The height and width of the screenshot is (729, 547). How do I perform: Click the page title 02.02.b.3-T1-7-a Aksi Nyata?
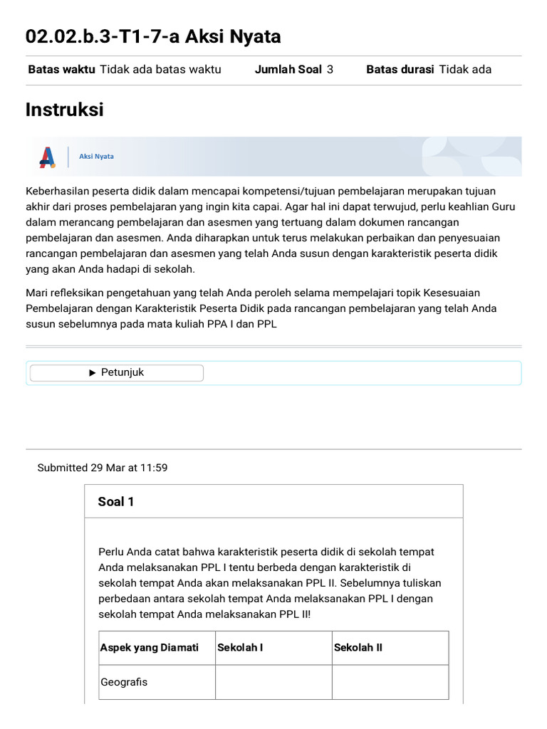(x=152, y=36)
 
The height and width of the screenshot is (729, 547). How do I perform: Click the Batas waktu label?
(x=61, y=69)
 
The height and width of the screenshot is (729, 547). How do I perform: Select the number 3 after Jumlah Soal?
(x=330, y=69)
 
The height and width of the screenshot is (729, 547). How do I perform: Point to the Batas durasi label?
(x=400, y=69)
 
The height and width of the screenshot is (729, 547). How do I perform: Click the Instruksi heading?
(x=64, y=110)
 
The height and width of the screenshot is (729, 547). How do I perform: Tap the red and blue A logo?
(x=48, y=157)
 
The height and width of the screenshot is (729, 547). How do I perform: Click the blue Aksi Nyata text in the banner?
(x=96, y=157)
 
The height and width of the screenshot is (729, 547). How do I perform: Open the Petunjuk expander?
(x=117, y=372)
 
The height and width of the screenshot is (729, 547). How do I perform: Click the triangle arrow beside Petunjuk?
(x=93, y=372)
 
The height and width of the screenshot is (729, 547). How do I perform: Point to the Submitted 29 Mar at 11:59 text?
(x=103, y=468)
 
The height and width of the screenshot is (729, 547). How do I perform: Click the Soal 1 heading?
(x=115, y=502)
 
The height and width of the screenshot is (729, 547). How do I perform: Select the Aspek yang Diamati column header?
(x=150, y=648)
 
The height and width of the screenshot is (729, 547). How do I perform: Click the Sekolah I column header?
(x=240, y=648)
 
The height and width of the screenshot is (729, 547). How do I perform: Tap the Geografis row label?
(x=125, y=682)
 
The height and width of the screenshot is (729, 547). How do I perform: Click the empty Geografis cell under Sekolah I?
(x=273, y=682)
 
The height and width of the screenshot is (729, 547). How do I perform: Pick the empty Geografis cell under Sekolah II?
(x=390, y=682)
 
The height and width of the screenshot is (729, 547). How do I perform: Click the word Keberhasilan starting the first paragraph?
(x=60, y=192)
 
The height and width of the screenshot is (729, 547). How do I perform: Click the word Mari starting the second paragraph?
(x=36, y=293)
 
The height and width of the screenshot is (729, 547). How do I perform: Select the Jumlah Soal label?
(x=288, y=69)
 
